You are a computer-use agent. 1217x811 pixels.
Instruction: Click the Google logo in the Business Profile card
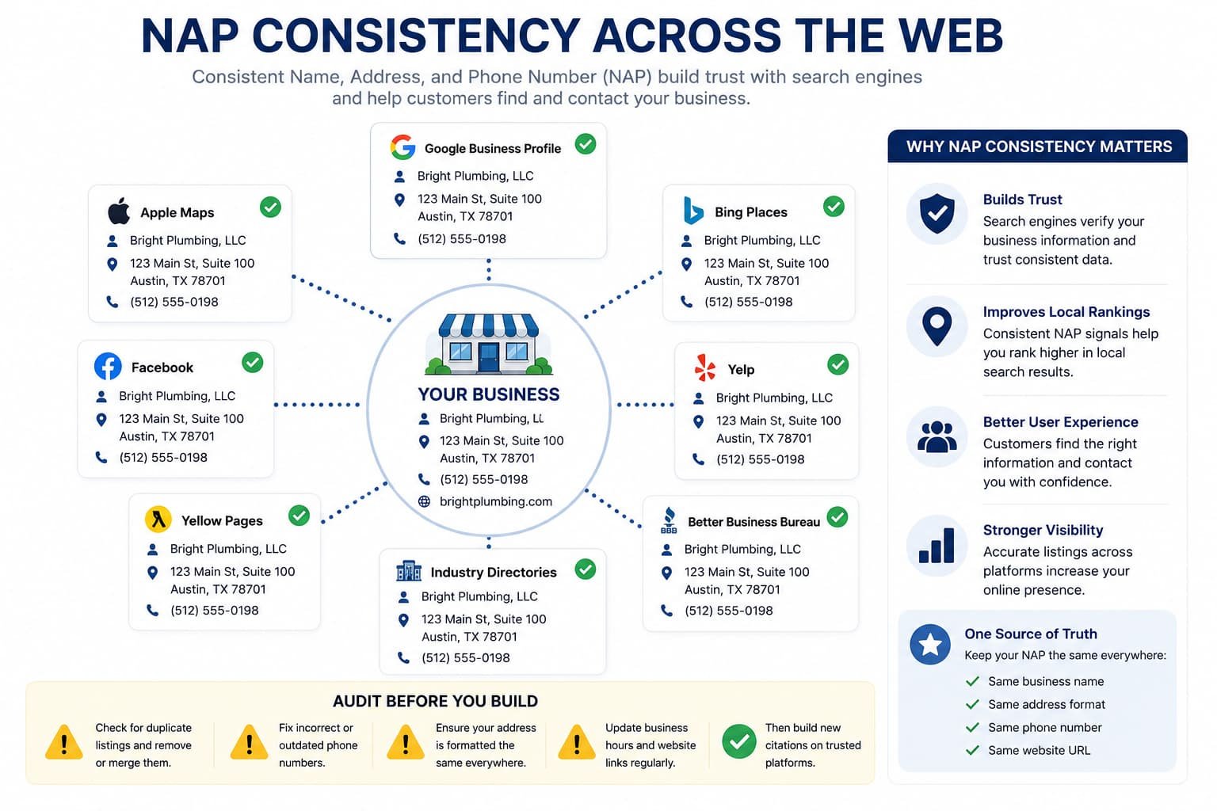402,147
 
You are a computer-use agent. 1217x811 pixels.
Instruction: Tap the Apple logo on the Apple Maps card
119,211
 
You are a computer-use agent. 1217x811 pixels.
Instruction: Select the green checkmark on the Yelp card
837,364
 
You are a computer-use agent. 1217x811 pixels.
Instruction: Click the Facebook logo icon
108,367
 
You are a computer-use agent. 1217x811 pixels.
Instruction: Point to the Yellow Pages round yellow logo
158,520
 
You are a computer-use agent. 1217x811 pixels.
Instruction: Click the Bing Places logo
692,211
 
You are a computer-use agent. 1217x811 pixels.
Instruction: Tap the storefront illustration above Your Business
488,345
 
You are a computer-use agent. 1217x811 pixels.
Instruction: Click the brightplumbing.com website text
495,501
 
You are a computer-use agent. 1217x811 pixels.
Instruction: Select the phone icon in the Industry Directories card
403,658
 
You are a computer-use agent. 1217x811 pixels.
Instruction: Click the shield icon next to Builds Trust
937,214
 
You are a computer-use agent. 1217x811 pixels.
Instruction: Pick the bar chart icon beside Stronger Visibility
937,546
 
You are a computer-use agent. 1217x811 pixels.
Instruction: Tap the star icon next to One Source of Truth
930,645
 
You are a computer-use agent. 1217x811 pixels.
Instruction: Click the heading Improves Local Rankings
1066,312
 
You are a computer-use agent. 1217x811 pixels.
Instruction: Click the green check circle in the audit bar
739,741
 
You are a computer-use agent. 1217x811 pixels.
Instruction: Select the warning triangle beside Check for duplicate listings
64,742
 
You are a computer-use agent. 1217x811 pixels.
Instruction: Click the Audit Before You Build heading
435,701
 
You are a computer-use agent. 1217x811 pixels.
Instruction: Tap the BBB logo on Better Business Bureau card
669,520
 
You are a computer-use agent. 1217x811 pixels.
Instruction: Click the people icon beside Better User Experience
937,436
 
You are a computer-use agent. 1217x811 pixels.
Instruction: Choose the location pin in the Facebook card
101,420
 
